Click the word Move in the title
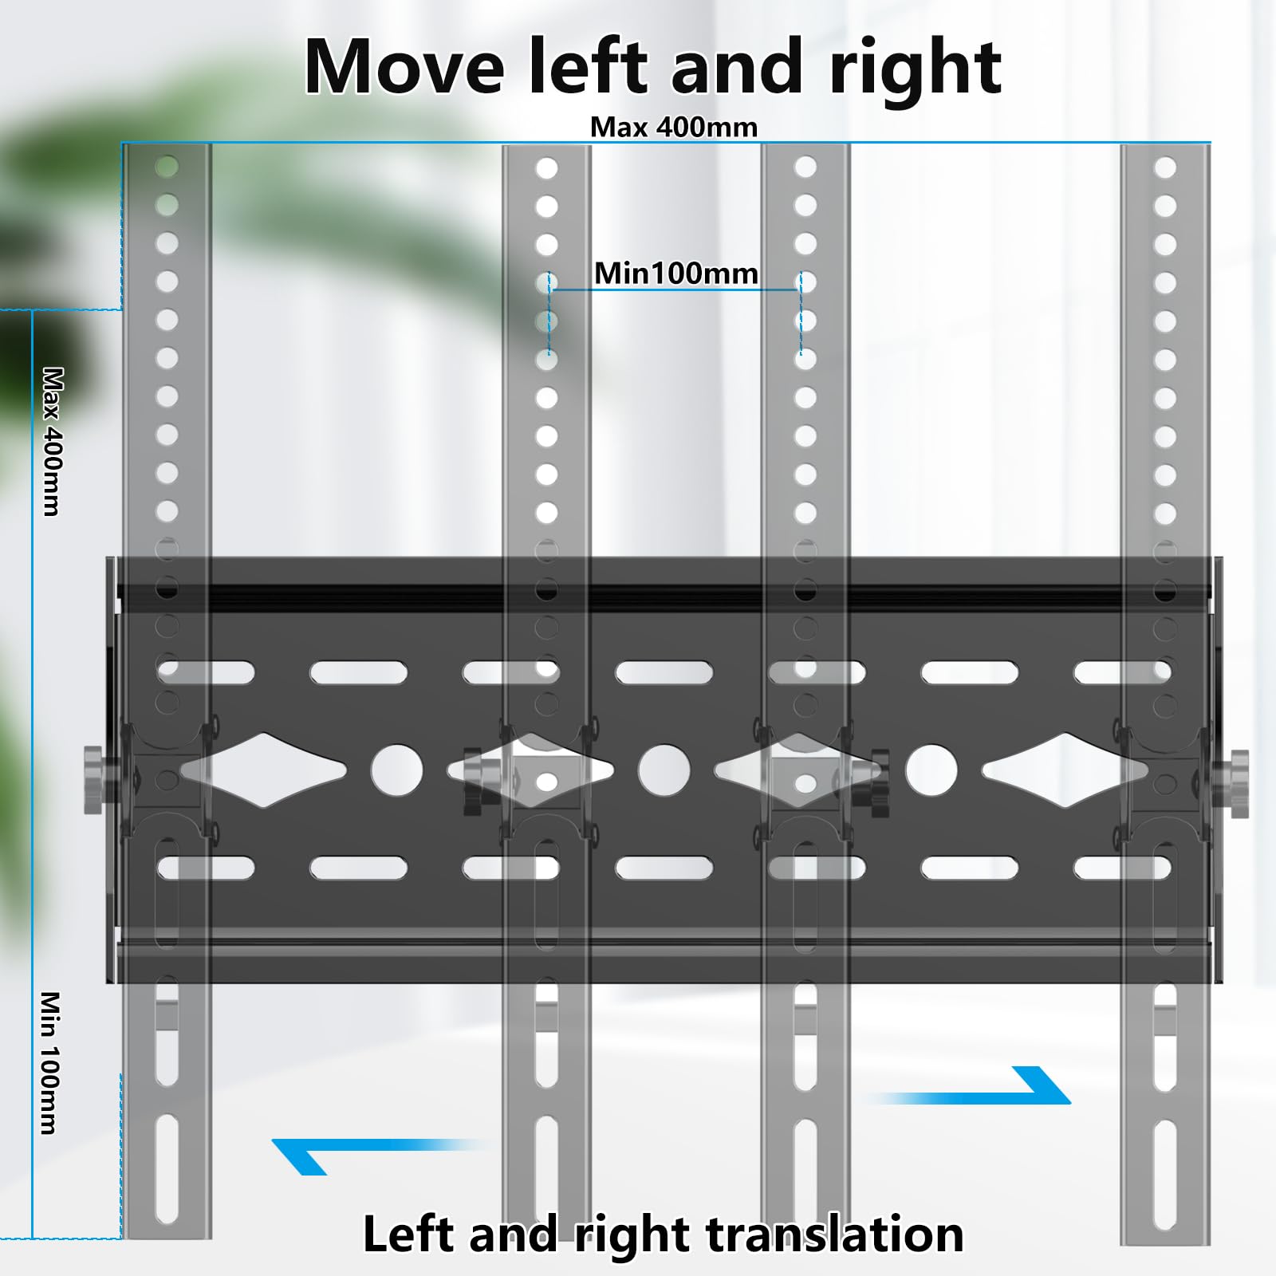[404, 67]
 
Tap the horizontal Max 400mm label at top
[674, 127]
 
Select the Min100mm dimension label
[676, 274]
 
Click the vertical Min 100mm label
[50, 1062]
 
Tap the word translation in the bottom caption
[835, 1234]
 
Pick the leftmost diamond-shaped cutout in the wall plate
[264, 770]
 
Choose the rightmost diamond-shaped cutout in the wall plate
[1065, 770]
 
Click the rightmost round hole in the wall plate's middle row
[931, 771]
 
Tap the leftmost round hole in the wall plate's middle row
[397, 771]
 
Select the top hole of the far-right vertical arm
[1165, 167]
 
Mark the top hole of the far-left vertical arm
[167, 167]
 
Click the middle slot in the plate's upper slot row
[664, 672]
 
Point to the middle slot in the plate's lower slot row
[664, 868]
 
